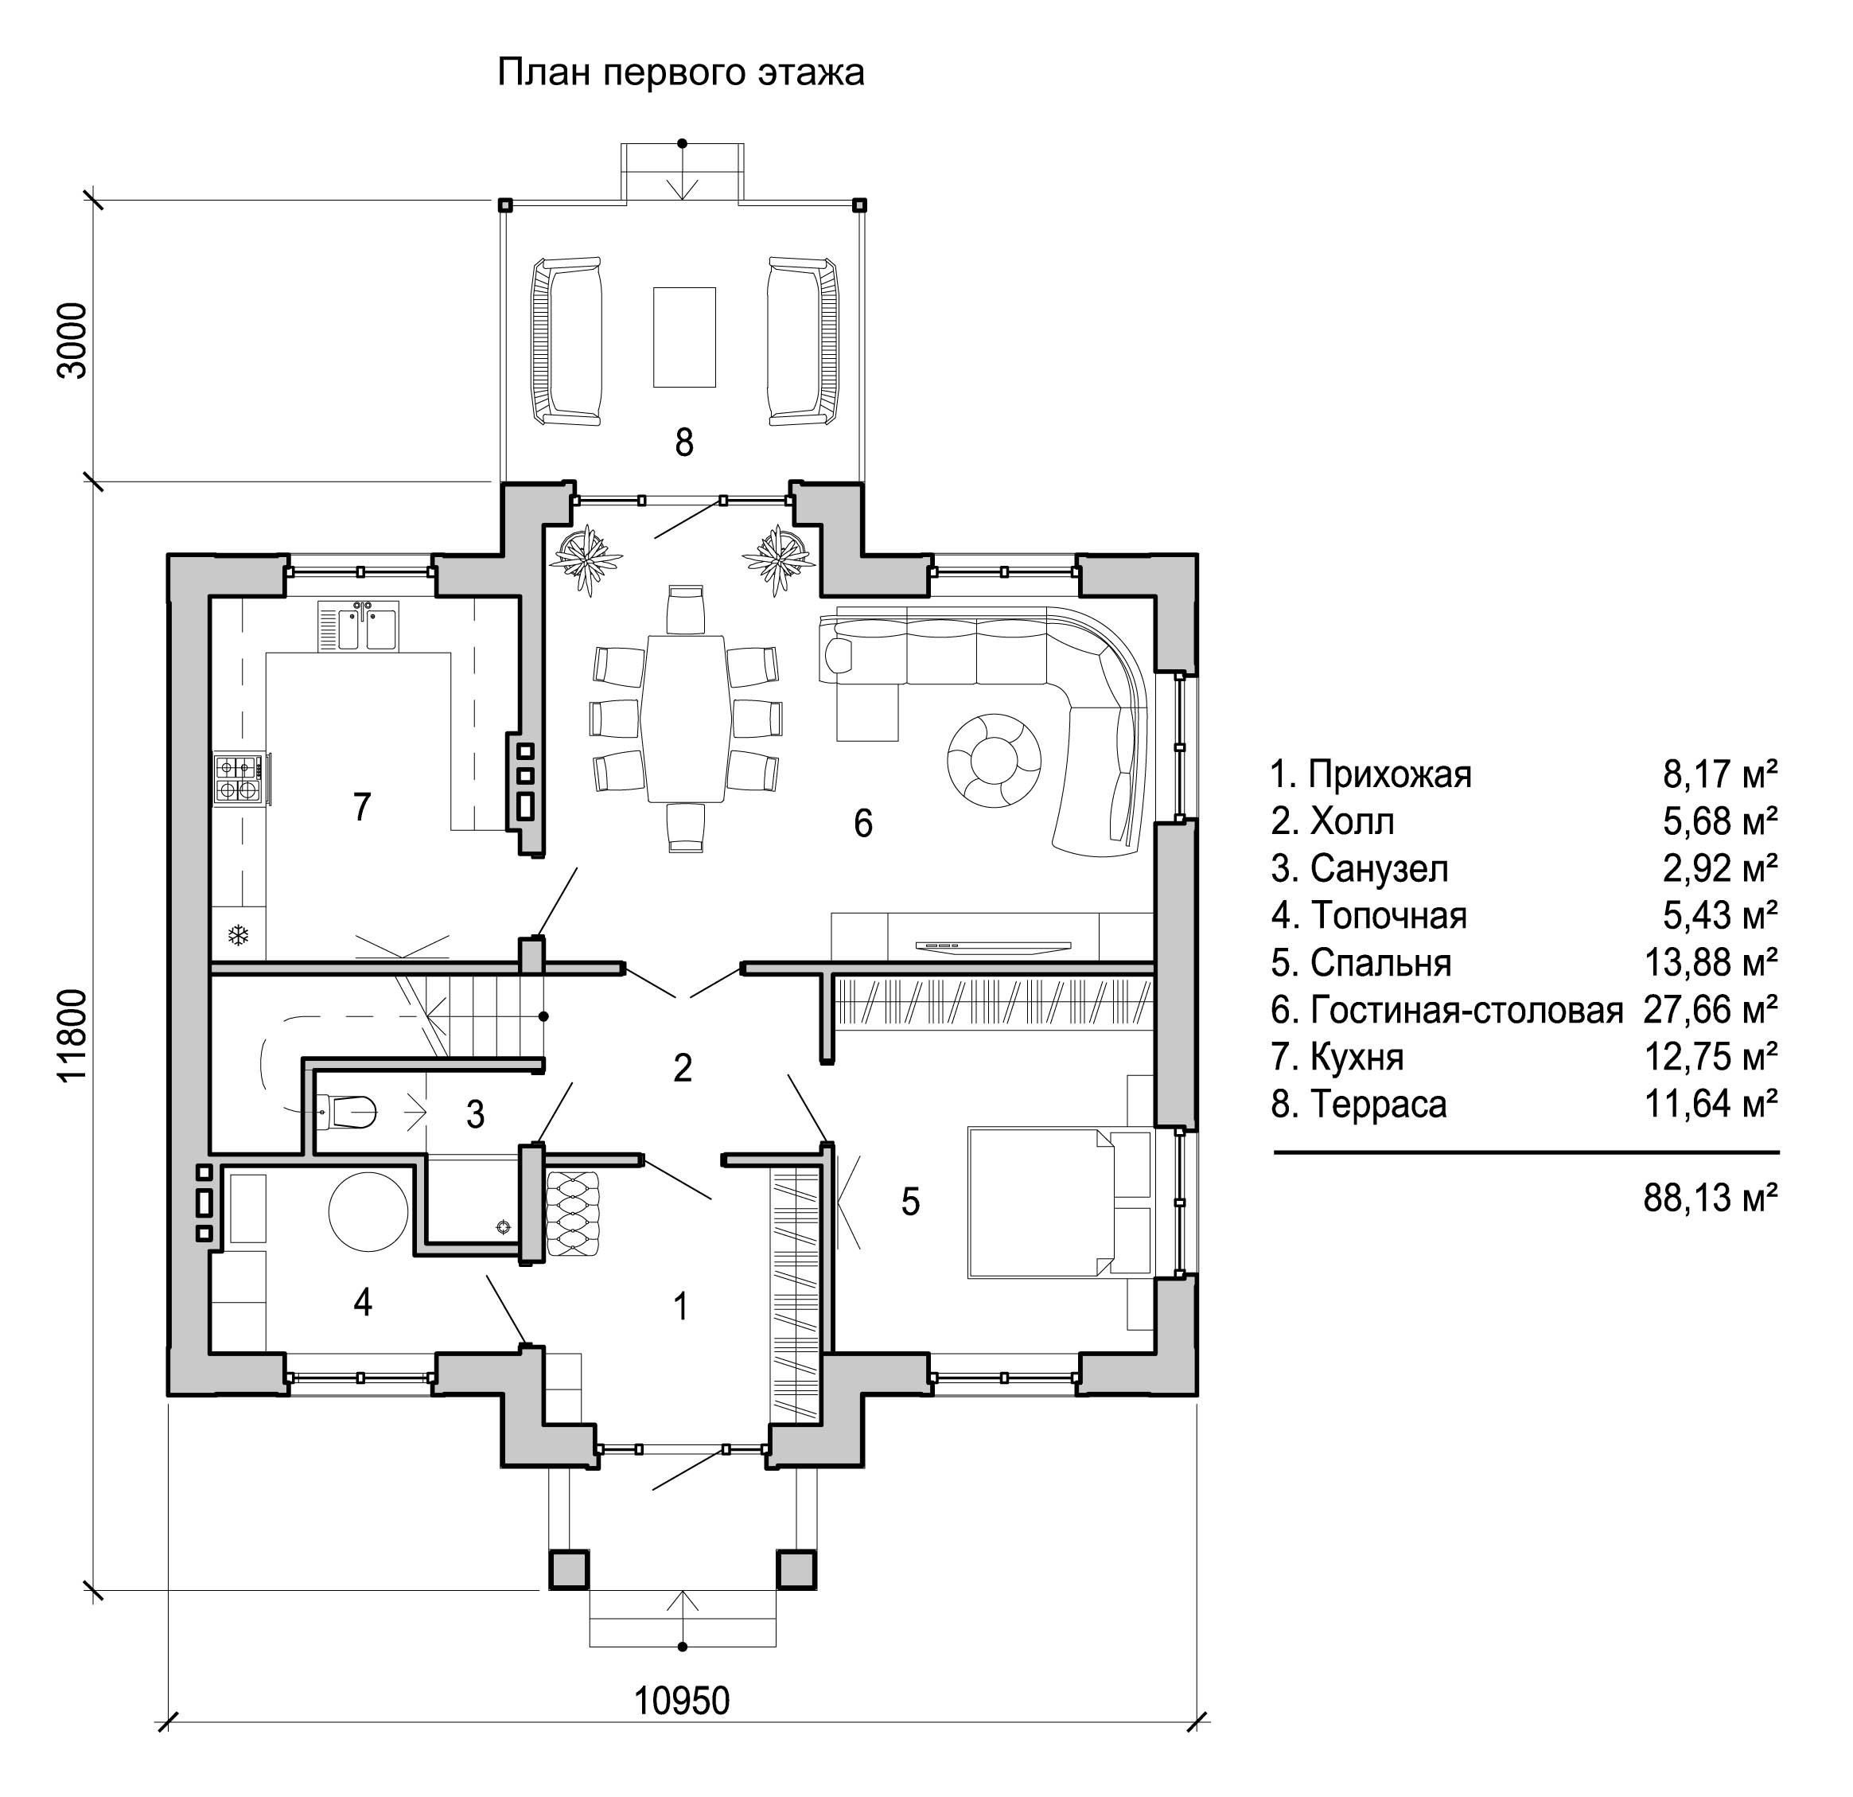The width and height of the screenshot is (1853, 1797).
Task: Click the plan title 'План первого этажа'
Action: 681,73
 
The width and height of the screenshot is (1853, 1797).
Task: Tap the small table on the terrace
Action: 684,337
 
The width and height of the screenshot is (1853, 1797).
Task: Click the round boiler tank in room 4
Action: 368,1214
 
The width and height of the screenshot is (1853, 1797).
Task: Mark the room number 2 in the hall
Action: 683,1068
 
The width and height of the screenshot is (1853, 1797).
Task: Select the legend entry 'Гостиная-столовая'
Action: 1466,1010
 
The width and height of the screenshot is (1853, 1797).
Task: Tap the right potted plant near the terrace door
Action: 779,561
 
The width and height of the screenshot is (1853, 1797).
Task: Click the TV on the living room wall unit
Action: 993,944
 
